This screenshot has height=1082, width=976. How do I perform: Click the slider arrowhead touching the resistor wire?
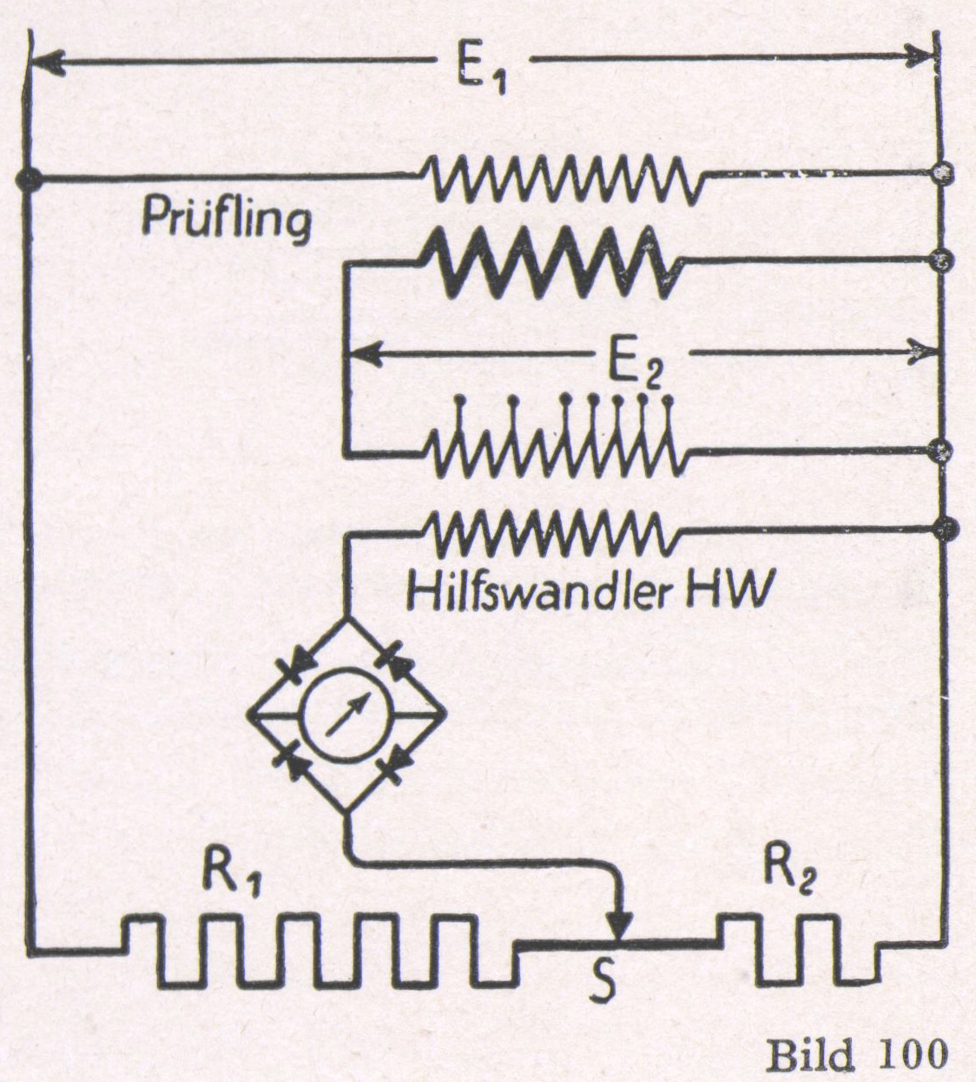620,926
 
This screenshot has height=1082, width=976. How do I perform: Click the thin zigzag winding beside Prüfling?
564,178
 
